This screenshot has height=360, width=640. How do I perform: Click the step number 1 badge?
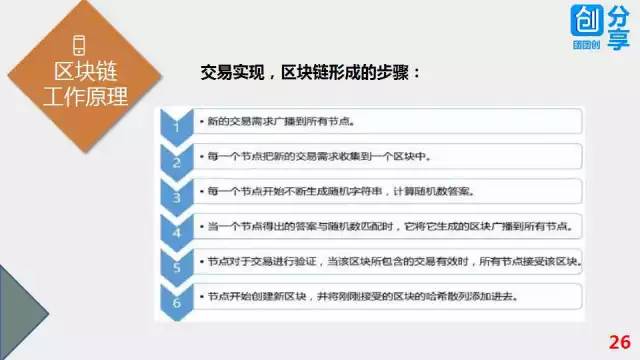point(176,127)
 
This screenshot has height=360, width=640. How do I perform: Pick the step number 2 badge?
point(176,162)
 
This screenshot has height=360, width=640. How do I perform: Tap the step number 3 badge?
point(176,196)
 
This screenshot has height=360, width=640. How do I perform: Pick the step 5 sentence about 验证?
point(394,262)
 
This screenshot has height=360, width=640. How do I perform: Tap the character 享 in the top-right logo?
point(619,40)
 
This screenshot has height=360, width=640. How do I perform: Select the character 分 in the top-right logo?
point(619,16)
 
